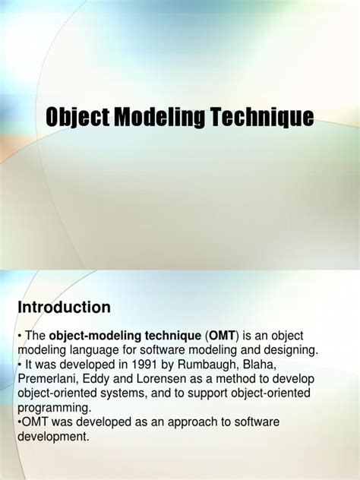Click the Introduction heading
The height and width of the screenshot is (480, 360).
(64, 307)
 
